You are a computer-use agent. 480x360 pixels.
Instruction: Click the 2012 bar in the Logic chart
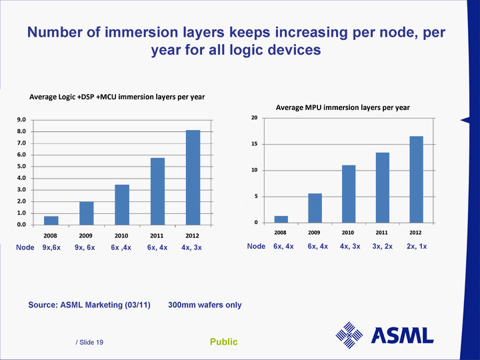[x=193, y=177]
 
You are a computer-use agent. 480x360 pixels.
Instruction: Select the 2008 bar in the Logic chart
[x=51, y=221]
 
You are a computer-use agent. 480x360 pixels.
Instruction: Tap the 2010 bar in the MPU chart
[x=348, y=194]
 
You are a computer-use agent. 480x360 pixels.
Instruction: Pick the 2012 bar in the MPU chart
[x=416, y=179]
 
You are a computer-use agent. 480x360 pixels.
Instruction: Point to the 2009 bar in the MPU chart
[x=315, y=208]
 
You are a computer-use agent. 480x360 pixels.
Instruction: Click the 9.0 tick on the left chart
[x=21, y=120]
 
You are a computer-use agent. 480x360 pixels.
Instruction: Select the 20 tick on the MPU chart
[x=254, y=118]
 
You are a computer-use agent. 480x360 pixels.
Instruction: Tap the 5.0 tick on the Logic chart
[x=21, y=167]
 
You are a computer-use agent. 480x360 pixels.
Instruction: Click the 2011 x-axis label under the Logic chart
[x=157, y=236]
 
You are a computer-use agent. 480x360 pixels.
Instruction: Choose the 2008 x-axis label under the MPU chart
[x=281, y=233]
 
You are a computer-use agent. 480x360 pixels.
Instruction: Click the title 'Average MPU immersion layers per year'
[x=343, y=107]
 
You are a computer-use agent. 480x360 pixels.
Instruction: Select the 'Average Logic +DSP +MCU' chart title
[x=117, y=97]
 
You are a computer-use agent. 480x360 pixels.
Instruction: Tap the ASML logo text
[x=402, y=335]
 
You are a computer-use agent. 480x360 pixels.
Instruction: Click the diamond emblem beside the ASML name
[x=349, y=335]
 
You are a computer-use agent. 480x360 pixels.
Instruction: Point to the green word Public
[x=224, y=342]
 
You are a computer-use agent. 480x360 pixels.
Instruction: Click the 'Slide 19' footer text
[x=89, y=342]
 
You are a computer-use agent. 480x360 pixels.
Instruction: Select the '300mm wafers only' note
[x=205, y=305]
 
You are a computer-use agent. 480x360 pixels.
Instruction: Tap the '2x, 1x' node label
[x=417, y=247]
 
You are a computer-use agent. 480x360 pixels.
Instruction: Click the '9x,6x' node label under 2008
[x=51, y=248]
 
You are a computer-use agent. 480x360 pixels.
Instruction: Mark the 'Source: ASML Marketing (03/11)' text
[x=89, y=305]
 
